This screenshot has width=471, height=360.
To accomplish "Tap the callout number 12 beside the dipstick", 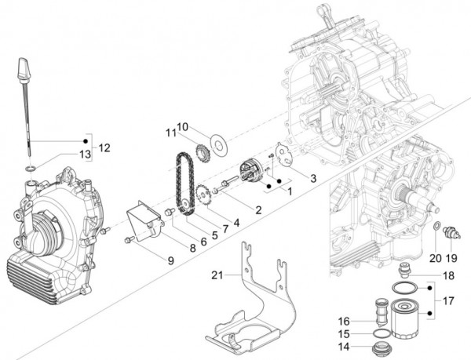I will coord(104,147).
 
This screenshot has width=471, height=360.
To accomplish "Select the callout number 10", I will coord(182,126).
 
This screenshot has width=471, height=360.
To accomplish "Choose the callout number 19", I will coord(452,256).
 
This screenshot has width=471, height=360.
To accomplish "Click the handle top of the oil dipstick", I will coord(22,67).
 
